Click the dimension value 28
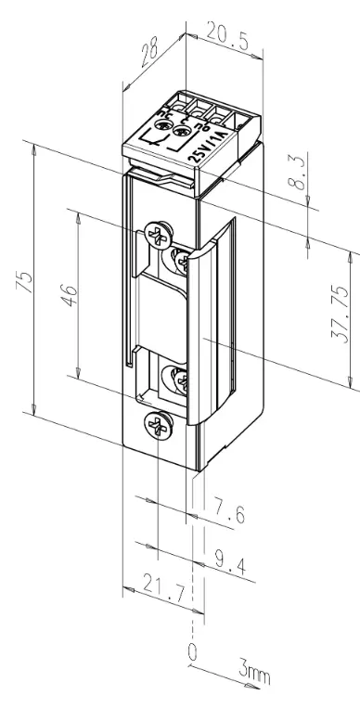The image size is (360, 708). [148, 54]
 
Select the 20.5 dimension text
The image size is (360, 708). [228, 35]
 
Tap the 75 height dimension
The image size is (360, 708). [27, 282]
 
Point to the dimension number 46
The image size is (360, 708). [70, 296]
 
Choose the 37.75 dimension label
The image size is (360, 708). [341, 315]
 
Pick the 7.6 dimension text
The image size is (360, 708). [229, 512]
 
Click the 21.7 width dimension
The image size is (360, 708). [164, 589]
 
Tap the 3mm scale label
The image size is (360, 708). [254, 674]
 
